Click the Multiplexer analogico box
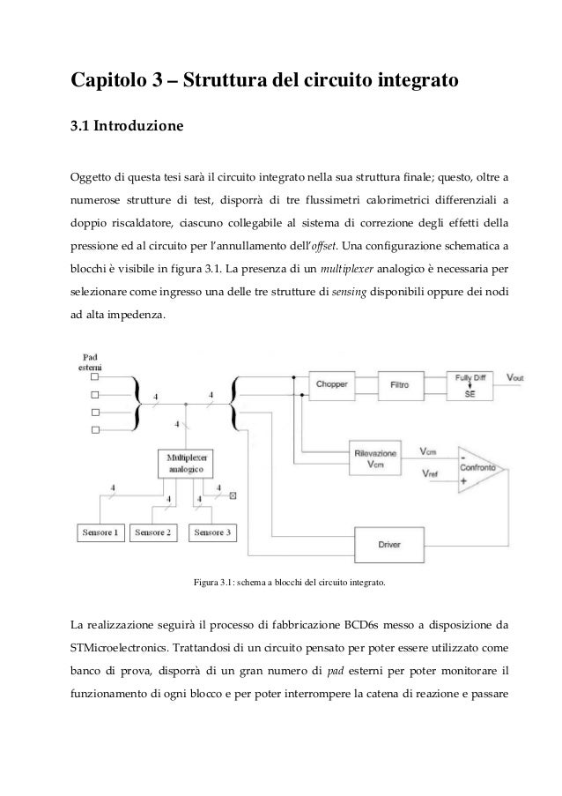click(185, 464)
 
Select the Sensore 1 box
click(99, 532)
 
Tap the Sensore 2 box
click(154, 532)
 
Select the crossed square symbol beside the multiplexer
click(233, 495)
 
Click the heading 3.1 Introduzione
click(127, 125)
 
